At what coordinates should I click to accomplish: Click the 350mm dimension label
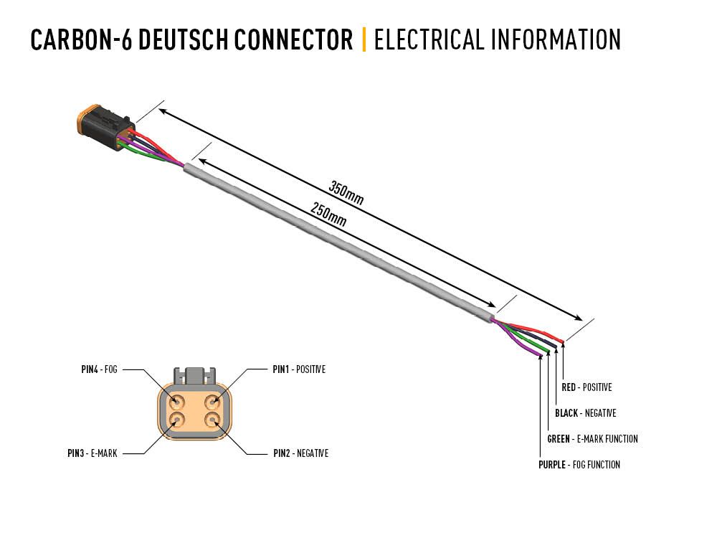tap(346, 194)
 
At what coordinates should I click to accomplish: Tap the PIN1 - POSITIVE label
tap(299, 369)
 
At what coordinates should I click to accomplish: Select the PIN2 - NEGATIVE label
tap(300, 453)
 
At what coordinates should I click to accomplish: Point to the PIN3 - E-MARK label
tap(92, 453)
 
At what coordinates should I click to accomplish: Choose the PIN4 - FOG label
tap(99, 369)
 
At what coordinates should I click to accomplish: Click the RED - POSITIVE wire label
tap(587, 387)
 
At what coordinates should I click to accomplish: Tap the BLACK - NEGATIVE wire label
tap(585, 413)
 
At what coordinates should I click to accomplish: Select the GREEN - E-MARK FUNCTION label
tap(592, 439)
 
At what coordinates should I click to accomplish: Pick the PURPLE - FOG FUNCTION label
tap(579, 465)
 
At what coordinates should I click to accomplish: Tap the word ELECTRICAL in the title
tap(429, 40)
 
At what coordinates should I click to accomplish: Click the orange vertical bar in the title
tap(364, 40)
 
